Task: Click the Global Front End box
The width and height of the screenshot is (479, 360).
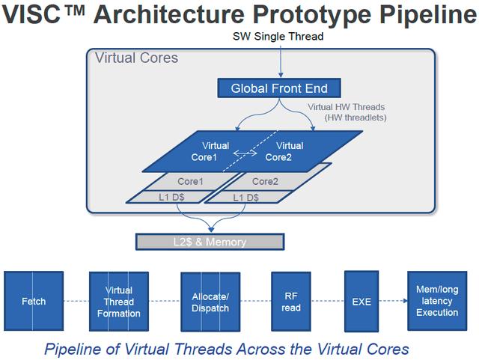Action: click(279, 88)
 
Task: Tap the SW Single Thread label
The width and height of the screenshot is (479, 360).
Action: click(278, 37)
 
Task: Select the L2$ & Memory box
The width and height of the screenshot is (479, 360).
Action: click(210, 242)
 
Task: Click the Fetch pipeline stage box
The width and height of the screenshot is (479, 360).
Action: click(34, 301)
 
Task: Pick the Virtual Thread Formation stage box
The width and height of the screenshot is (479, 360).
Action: click(119, 302)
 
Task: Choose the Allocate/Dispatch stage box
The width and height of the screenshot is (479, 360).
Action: click(210, 302)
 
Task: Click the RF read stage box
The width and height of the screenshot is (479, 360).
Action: click(291, 302)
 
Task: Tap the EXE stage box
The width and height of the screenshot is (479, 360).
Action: click(361, 302)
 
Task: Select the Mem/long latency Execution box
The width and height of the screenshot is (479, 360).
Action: click(437, 301)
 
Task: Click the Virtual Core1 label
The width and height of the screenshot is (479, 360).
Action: click(210, 151)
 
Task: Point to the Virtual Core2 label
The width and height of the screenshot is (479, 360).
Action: click(284, 151)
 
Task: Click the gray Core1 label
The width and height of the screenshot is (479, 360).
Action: click(190, 182)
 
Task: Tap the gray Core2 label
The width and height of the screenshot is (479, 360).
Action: click(265, 182)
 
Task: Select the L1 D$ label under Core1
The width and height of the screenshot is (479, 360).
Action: click(171, 197)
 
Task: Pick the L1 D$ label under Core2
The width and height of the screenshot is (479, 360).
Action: click(246, 198)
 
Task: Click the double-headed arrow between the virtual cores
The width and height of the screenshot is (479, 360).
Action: click(245, 153)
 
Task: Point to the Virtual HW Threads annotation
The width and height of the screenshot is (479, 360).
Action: click(347, 112)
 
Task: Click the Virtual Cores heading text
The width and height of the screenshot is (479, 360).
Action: click(136, 58)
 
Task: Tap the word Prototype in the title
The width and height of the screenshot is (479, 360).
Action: click(312, 14)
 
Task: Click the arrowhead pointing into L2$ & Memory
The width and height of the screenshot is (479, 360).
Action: click(211, 230)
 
